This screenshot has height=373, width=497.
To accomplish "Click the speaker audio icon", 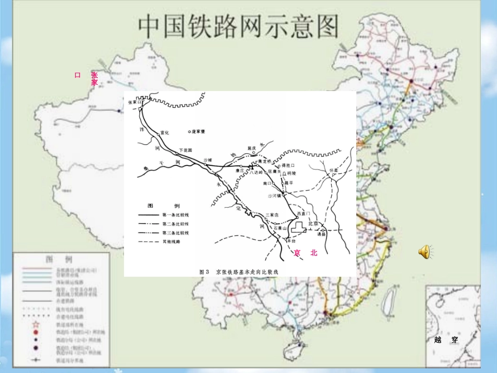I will click(424, 252).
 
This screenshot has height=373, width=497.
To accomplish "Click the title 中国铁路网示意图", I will click(238, 26).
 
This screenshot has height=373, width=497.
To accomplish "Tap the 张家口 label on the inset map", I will click(135, 103).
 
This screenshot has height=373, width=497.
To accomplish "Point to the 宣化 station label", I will click(165, 132).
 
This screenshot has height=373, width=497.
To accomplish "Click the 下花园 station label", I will click(186, 150).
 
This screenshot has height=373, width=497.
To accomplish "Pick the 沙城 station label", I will click(207, 160).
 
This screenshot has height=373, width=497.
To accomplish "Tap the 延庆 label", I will click(253, 148).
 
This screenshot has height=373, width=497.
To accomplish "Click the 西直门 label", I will click(303, 214).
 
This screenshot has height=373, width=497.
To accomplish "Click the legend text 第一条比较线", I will click(176, 215).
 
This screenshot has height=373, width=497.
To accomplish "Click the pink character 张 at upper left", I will click(94, 75).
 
